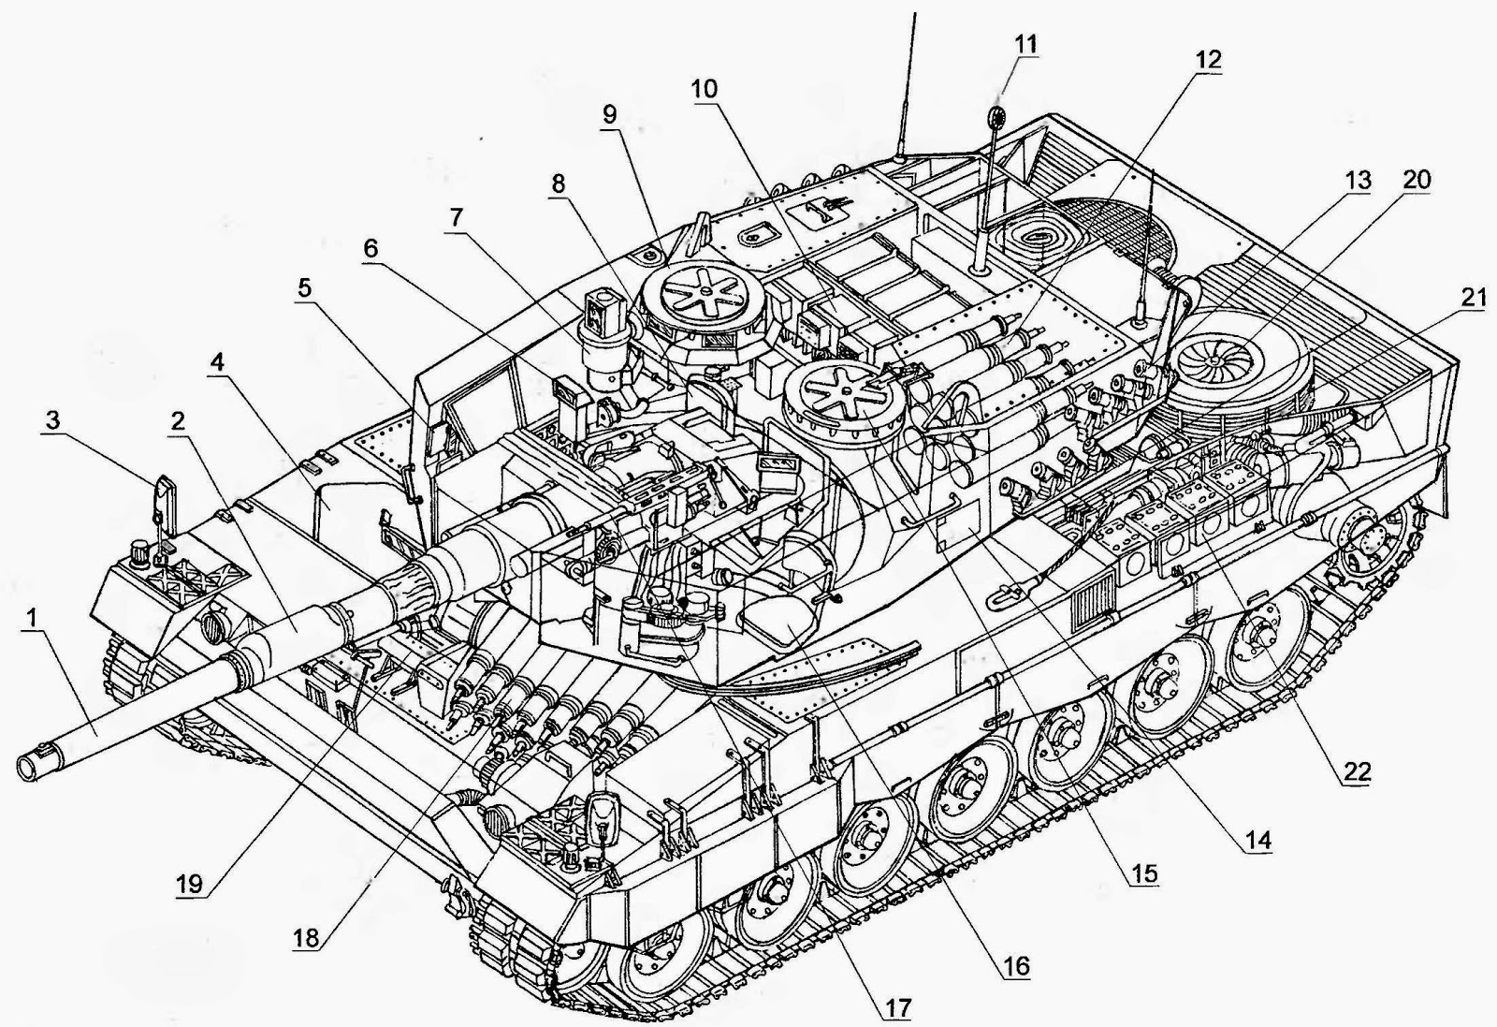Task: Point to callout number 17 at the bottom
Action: [895, 1008]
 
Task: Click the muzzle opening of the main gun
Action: [31, 767]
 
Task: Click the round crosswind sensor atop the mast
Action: [997, 117]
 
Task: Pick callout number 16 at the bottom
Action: [1016, 965]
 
